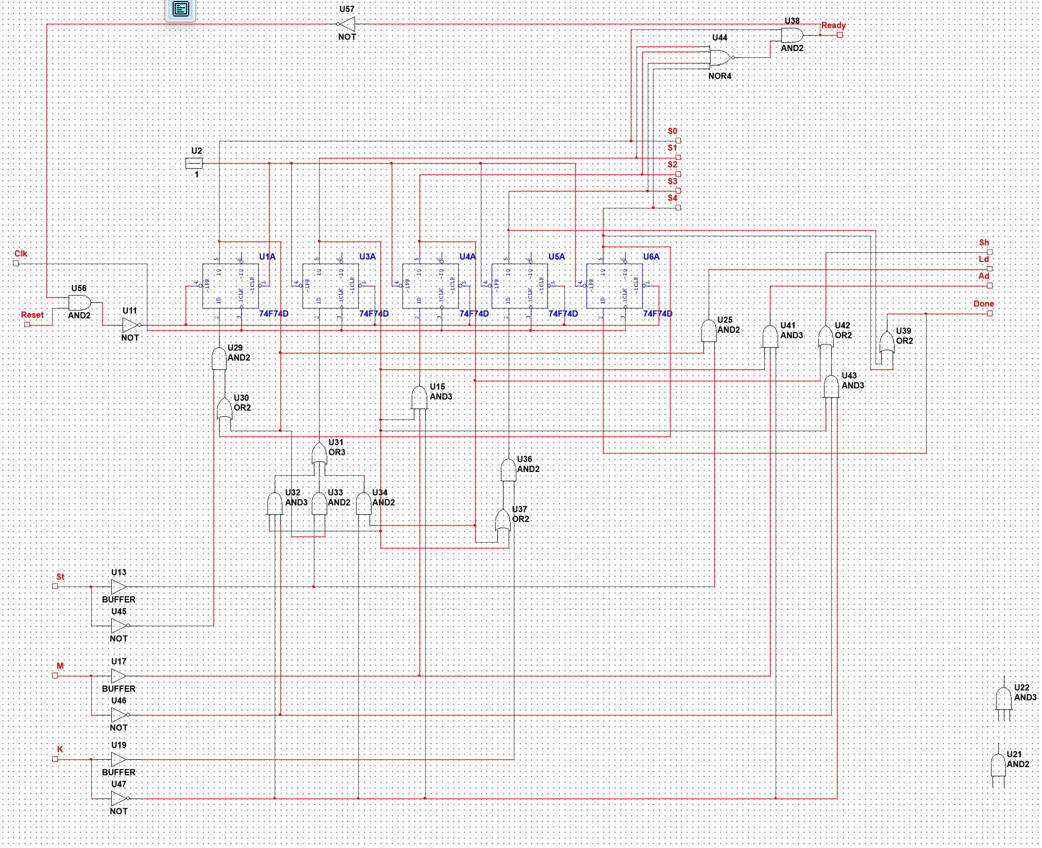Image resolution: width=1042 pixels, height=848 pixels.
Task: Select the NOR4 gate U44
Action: [720, 57]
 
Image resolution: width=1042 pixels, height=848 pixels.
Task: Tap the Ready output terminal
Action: [839, 35]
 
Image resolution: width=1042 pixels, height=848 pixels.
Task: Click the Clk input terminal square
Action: [16, 264]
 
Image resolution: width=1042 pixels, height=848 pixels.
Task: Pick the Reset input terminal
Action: [27, 324]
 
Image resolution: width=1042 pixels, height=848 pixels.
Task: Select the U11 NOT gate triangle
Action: [130, 325]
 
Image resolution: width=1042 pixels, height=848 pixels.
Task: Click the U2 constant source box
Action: [194, 164]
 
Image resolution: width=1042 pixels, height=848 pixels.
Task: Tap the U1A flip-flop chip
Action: [230, 286]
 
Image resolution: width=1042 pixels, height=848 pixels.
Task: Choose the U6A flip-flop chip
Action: [614, 286]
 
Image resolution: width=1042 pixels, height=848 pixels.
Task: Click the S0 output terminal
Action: [678, 140]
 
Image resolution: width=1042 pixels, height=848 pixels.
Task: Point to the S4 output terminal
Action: [678, 207]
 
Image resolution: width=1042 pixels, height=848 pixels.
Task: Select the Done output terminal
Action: [989, 313]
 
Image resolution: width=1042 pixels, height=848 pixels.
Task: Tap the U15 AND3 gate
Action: [419, 398]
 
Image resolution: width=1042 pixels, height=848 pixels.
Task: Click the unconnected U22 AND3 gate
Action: [1003, 698]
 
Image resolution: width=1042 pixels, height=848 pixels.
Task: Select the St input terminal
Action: [55, 586]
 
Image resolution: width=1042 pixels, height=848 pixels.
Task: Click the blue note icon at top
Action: [181, 9]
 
